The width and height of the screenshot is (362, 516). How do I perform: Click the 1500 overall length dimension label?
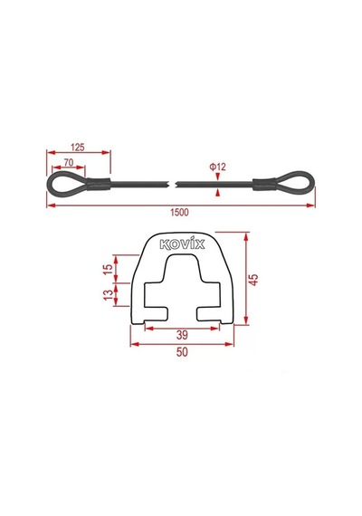(179, 212)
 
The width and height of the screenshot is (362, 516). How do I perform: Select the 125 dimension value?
(78, 147)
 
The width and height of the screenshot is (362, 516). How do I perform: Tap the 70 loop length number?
(69, 162)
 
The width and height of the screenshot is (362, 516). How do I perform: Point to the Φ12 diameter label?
(218, 167)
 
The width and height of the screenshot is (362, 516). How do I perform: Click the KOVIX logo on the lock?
(182, 244)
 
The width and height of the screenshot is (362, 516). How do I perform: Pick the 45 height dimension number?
(254, 280)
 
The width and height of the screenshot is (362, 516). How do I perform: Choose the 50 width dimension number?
(182, 352)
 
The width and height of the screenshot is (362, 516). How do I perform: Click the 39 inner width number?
(182, 335)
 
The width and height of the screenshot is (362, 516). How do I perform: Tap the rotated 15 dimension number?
(108, 270)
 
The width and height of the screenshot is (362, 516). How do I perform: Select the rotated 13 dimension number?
(108, 295)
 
